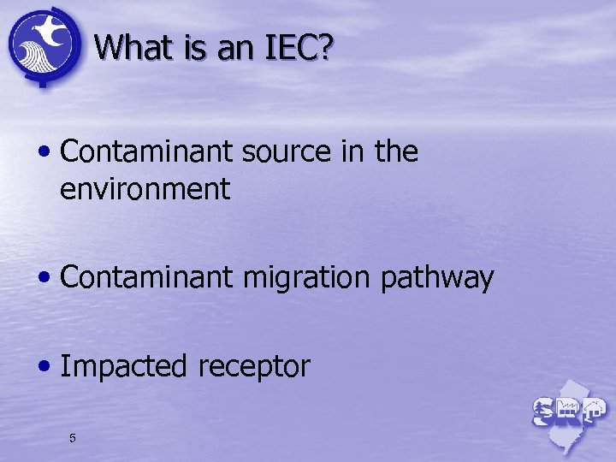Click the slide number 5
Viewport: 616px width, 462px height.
73,439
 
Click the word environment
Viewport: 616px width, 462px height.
145,189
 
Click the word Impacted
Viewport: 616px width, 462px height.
125,367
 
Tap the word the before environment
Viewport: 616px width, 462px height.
396,152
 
